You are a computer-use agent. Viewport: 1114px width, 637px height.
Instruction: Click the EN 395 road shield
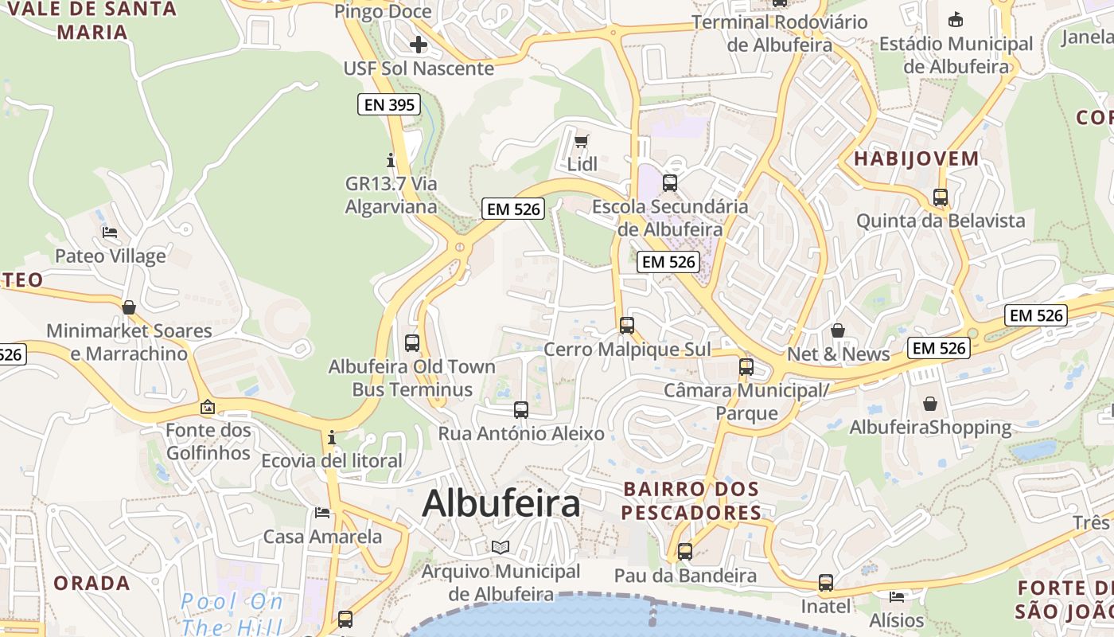tap(388, 104)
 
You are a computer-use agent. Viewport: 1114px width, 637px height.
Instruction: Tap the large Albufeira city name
tap(501, 503)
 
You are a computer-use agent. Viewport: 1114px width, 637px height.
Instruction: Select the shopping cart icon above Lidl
tap(582, 142)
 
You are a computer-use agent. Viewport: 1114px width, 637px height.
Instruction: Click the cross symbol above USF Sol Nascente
tap(419, 45)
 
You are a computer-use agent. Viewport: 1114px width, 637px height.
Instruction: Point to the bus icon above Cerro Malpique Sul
tap(627, 325)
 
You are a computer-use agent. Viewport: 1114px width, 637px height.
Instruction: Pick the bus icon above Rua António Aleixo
tap(521, 410)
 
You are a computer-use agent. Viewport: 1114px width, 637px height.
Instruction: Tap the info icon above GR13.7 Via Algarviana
tap(390, 160)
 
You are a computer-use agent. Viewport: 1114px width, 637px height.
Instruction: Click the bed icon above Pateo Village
tap(110, 233)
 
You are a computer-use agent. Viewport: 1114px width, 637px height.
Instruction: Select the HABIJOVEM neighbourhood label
tap(916, 158)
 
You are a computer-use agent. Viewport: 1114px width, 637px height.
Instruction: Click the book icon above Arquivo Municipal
tap(501, 548)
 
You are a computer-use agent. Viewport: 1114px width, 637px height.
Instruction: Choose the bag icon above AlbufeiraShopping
tap(930, 404)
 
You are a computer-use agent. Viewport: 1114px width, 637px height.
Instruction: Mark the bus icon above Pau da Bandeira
tap(684, 551)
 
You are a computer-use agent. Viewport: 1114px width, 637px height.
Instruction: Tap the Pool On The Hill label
tap(231, 613)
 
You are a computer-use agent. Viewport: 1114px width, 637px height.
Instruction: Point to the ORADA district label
tap(92, 583)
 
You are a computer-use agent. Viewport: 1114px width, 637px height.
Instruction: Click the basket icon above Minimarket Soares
tap(129, 307)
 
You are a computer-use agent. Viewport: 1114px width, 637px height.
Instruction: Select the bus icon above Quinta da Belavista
tap(941, 197)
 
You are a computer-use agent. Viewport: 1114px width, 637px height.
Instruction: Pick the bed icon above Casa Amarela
tap(322, 512)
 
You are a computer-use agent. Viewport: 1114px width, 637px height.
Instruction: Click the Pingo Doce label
tap(383, 11)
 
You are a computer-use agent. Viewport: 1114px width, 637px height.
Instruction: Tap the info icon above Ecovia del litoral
tap(331, 437)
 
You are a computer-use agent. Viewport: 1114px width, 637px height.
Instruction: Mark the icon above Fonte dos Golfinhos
tap(208, 407)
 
